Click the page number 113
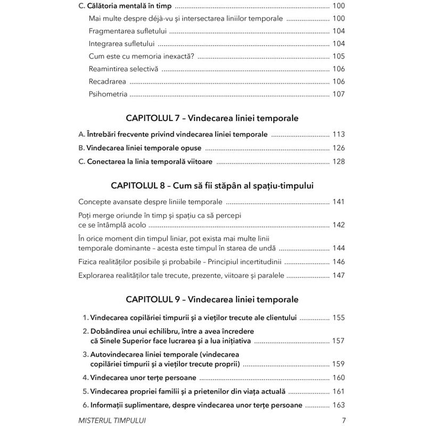click(338, 134)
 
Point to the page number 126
click(338, 148)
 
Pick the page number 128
click(338, 162)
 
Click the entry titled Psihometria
click(108, 94)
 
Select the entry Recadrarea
click(108, 81)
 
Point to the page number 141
click(338, 202)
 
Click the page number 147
click(338, 276)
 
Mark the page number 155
click(338, 318)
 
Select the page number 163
click(338, 405)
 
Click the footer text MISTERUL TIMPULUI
click(112, 420)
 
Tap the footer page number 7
click(343, 420)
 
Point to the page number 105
click(338, 56)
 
